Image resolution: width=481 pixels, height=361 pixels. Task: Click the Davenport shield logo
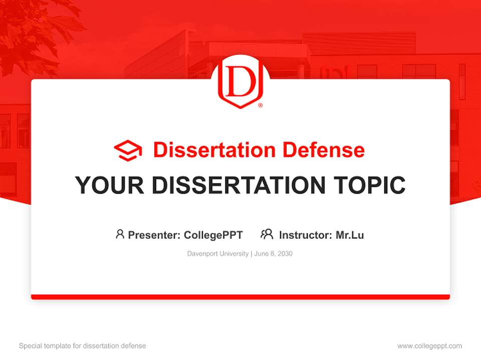tap(240, 84)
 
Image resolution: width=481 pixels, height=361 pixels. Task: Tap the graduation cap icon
tap(128, 150)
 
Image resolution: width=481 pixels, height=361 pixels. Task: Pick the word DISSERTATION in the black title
tap(238, 186)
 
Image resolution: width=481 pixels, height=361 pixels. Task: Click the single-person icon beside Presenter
tap(120, 234)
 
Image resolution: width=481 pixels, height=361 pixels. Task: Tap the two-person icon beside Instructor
tap(267, 234)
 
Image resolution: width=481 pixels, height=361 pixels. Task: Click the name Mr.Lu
tap(350, 235)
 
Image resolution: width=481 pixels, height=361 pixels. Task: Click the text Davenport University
tap(218, 254)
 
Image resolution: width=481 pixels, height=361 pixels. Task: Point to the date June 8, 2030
tap(274, 254)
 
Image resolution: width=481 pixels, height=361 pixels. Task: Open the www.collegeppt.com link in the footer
tap(429, 346)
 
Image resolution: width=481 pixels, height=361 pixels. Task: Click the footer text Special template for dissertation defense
tap(83, 346)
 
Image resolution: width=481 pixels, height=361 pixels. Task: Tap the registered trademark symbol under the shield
tap(260, 106)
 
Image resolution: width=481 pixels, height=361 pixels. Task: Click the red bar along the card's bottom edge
tap(241, 297)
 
